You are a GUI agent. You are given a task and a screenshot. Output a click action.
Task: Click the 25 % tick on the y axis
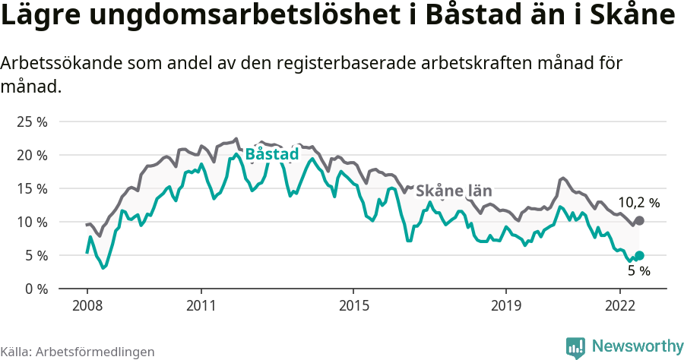[31, 122]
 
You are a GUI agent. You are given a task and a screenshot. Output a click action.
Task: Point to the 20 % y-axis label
[31, 155]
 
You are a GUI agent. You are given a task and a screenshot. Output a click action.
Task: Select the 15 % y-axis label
[31, 188]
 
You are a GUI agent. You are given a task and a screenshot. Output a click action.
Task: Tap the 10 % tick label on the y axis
[31, 222]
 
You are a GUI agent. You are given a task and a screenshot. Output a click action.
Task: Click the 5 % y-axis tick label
[35, 255]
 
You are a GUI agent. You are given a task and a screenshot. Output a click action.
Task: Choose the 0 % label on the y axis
[35, 289]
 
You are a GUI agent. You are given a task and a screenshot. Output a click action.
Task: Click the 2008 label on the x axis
[87, 305]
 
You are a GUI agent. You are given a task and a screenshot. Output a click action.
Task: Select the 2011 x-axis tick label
[201, 305]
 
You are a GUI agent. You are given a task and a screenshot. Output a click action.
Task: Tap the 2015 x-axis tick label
[353, 305]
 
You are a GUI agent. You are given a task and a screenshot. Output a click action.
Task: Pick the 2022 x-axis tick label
[619, 305]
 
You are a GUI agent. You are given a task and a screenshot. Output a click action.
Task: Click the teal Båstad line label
[272, 154]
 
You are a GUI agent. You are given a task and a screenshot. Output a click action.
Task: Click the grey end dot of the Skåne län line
[639, 220]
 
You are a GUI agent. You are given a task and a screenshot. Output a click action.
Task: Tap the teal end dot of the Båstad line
[639, 256]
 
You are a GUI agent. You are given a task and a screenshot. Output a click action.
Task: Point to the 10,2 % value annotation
[638, 203]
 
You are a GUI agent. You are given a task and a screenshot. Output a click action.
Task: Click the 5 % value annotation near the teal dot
[638, 270]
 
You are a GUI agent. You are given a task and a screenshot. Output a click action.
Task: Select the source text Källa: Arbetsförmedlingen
[78, 352]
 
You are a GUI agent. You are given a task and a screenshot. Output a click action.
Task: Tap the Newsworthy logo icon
[575, 347]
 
